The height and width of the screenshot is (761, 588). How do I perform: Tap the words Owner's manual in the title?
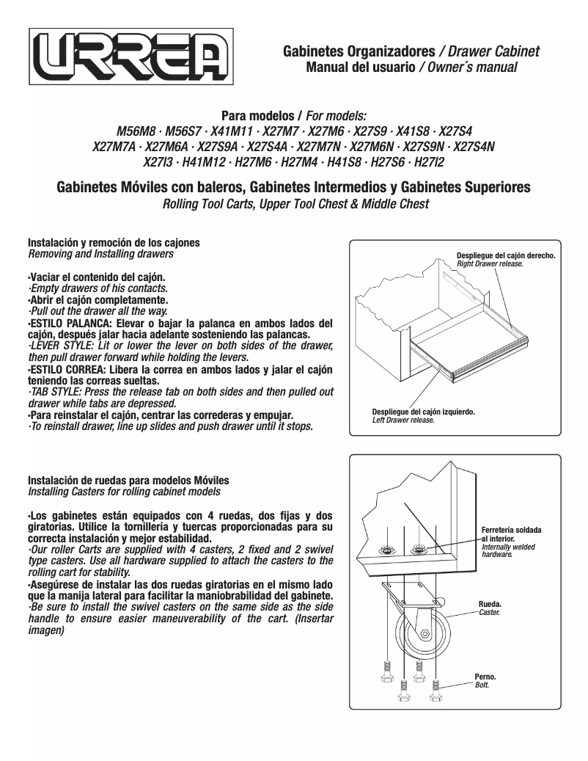pos(470,68)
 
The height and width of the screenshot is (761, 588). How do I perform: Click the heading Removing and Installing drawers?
pos(100,254)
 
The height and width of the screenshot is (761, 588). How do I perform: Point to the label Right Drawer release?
pos(490,263)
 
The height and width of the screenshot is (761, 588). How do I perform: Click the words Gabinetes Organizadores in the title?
pos(359,52)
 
